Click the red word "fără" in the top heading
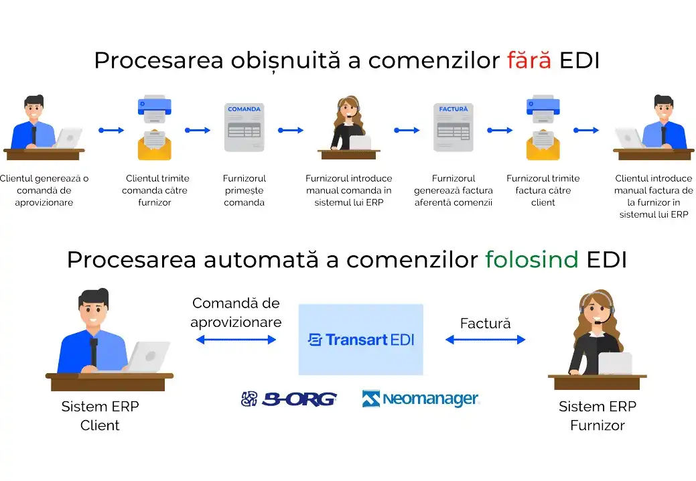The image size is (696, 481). coord(529,60)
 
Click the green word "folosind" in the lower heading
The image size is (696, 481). coord(531,259)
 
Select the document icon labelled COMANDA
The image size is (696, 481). coord(244,127)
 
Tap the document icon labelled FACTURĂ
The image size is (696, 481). coord(454,127)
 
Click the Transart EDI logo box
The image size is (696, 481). coord(360,340)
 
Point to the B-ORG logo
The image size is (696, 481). coord(289,399)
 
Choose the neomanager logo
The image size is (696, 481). coord(421,399)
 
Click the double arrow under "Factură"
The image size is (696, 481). coord(485,340)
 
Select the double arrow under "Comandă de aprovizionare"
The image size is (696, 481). coord(236,340)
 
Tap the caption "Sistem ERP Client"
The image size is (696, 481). coord(100,416)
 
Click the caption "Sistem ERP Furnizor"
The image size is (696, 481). coord(598,416)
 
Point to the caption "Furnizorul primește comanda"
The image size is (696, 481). coord(245,190)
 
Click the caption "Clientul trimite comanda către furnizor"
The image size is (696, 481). coord(157,190)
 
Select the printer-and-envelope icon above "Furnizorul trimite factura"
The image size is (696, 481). coord(543,127)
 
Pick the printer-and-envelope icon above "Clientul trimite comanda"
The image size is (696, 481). coord(154,127)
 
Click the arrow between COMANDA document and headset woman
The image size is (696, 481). coord(290,131)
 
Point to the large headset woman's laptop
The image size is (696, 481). coord(615,364)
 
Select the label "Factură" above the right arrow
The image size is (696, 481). coord(485,323)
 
